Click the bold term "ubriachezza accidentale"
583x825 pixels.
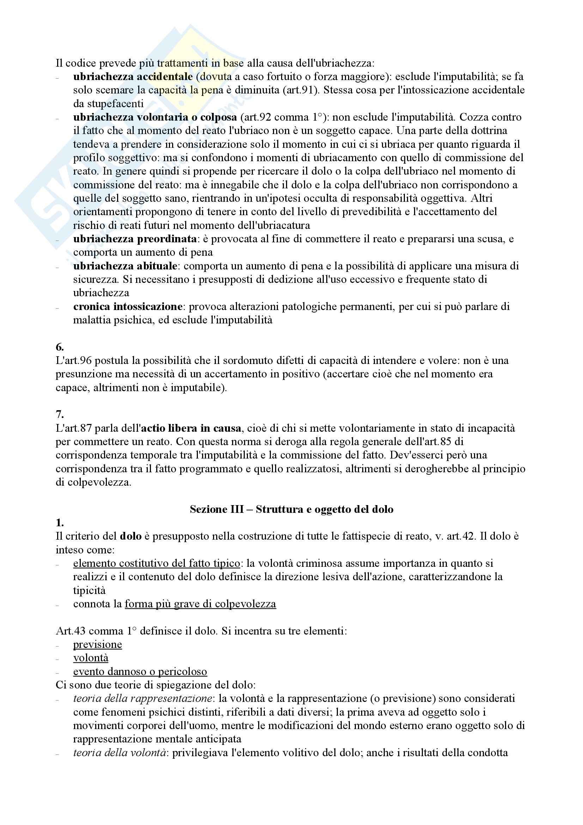(133, 77)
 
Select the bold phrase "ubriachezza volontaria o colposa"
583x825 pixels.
(155, 117)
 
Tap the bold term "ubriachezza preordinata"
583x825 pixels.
(135, 239)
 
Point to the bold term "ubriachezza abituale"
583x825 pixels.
(125, 266)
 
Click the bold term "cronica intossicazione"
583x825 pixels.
(128, 307)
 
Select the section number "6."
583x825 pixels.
(60, 347)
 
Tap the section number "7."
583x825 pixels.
(60, 414)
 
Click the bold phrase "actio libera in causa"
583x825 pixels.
(191, 428)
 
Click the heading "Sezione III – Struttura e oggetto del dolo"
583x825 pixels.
(291, 509)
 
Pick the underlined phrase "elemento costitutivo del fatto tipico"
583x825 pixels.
(157, 563)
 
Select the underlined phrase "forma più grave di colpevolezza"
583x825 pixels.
(200, 603)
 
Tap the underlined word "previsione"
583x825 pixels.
(97, 644)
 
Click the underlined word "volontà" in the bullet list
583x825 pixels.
(91, 657)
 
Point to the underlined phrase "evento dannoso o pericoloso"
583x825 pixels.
(140, 671)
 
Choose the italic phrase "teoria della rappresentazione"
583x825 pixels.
(142, 698)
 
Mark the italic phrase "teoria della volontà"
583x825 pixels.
(120, 752)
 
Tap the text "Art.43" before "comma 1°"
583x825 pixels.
(71, 631)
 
